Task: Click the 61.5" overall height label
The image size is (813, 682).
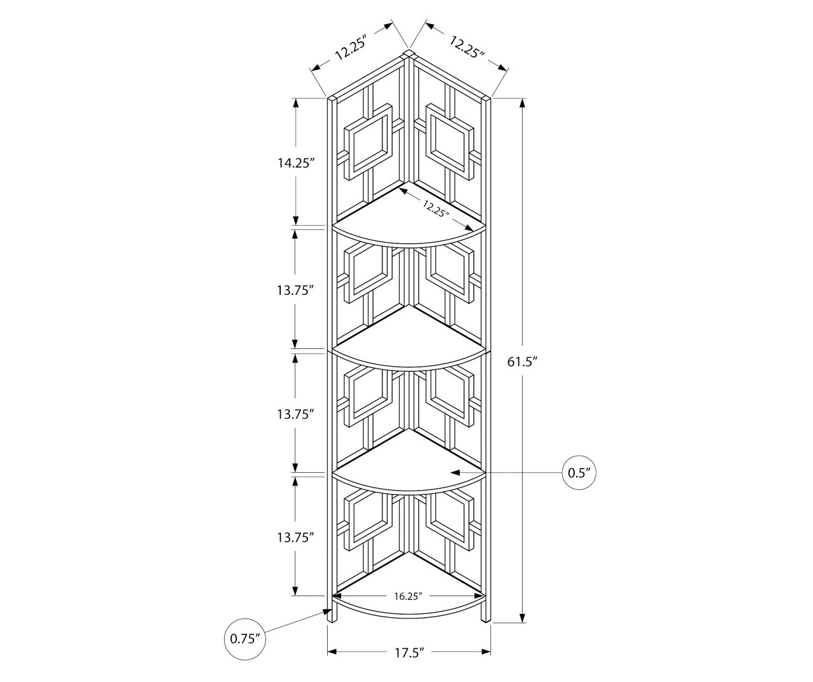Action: coord(523,362)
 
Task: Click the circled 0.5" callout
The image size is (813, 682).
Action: coord(580,473)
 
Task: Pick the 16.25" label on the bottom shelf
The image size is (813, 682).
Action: coord(408,596)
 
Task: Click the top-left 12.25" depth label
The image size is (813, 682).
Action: coord(351,48)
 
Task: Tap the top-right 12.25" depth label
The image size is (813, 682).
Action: coord(467,46)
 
